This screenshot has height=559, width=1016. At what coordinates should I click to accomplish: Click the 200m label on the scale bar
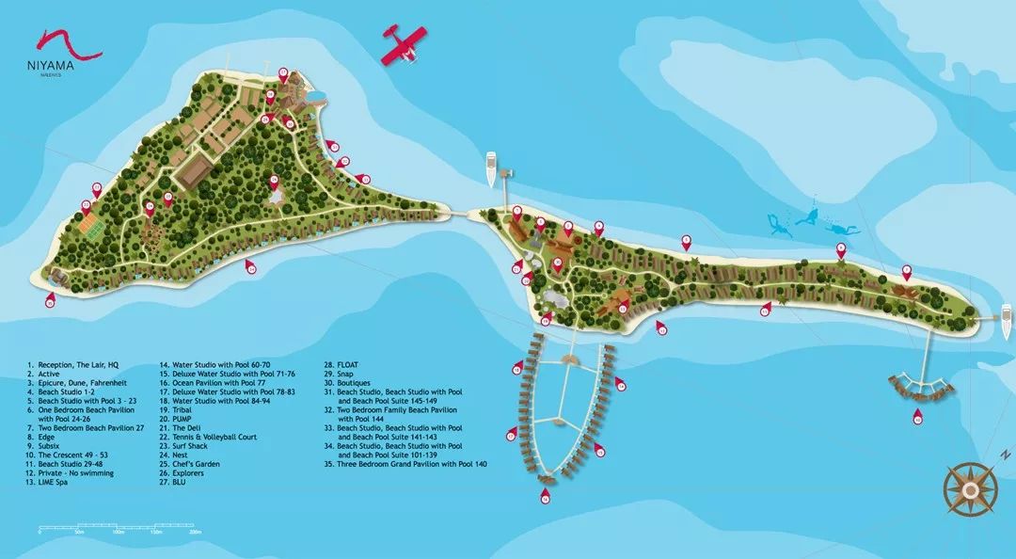pyautogui.click(x=196, y=533)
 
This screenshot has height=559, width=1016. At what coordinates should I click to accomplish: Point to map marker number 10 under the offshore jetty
pyautogui.click(x=917, y=419)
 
